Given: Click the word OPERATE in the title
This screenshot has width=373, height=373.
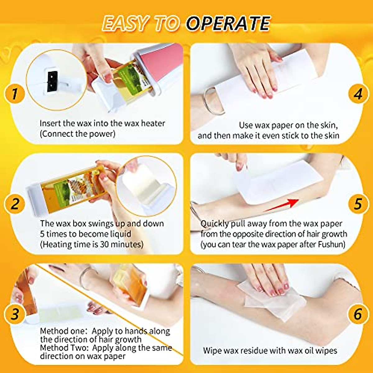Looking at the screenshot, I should pyautogui.click(x=228, y=24).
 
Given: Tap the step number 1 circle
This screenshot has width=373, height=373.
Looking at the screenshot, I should pyautogui.click(x=14, y=94).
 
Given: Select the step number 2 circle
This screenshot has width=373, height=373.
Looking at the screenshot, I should pyautogui.click(x=14, y=204).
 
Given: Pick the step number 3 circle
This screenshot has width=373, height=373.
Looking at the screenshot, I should pyautogui.click(x=14, y=314).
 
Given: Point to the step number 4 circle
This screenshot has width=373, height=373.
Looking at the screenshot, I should pyautogui.click(x=358, y=94).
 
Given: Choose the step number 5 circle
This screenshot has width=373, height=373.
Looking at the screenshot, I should pyautogui.click(x=358, y=204).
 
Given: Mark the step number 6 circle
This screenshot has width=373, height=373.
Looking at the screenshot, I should pyautogui.click(x=358, y=314).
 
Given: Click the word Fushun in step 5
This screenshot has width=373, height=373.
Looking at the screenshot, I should pyautogui.click(x=331, y=244).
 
